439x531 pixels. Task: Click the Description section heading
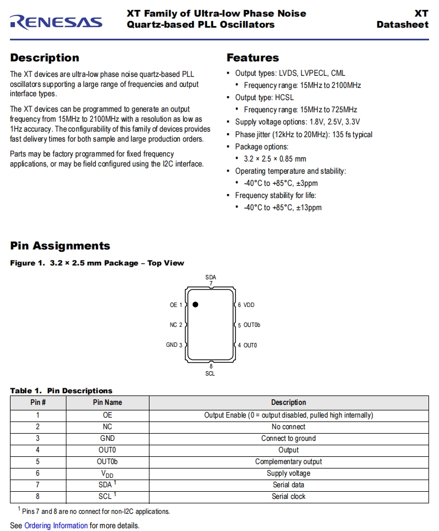[44, 58]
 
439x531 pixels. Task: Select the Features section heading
[252, 58]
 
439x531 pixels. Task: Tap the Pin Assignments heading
[60, 246]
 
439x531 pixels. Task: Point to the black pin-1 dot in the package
[195, 304]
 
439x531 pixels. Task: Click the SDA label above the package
[210, 277]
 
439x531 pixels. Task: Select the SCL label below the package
[210, 373]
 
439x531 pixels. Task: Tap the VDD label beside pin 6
[249, 305]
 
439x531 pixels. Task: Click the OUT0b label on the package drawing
[252, 325]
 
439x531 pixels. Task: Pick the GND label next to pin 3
[172, 345]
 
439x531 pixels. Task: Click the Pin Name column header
[107, 403]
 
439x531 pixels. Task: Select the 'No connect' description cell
[288, 426]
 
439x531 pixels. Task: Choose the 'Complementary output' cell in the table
[288, 461]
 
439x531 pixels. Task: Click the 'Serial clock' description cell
[288, 496]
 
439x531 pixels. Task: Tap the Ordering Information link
[56, 525]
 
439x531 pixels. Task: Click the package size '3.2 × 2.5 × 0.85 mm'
[275, 159]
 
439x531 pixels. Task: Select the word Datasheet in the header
[402, 24]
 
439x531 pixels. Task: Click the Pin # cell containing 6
[38, 473]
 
